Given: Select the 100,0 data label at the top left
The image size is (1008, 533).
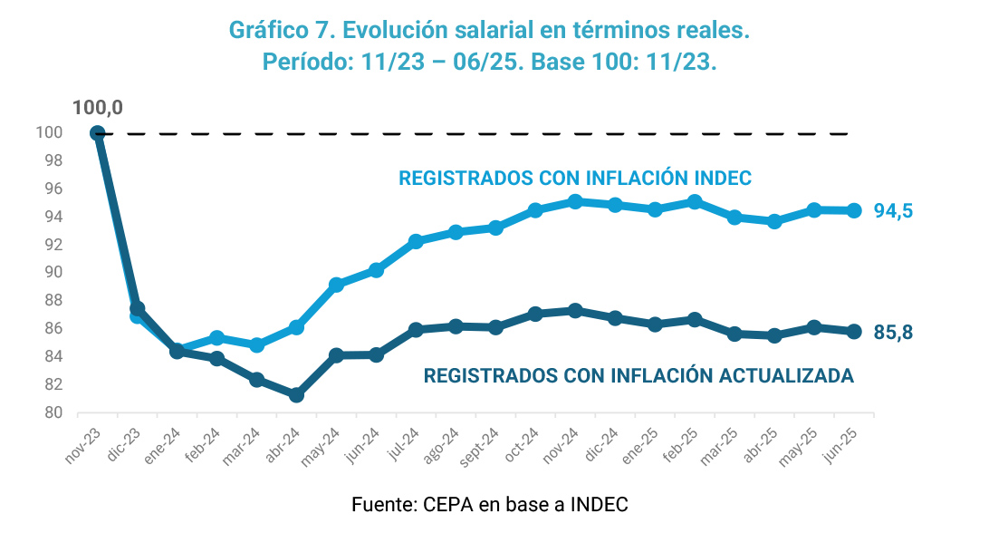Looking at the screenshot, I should coord(97,108).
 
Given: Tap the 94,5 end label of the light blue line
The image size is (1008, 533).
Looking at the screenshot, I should coord(893,211).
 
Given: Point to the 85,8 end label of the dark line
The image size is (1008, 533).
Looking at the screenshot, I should coord(893,333).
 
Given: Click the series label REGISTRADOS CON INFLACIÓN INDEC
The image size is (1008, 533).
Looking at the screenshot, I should coord(575,178).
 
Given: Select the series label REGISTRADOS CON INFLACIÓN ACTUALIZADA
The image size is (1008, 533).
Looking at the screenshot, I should coord(638,375).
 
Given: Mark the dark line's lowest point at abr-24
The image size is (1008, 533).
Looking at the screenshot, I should coord(296,395).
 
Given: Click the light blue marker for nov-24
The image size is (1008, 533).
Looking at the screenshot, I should coord(575,201).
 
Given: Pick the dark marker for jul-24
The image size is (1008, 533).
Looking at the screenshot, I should coord(416,330).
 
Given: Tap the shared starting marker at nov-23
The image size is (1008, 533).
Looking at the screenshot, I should coord(97,133).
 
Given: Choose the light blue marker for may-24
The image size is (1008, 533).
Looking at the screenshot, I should coord(336,285).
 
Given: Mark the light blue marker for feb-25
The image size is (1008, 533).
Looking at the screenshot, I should coord(695,202).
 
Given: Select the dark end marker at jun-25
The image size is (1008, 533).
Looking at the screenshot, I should coord(853,332).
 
